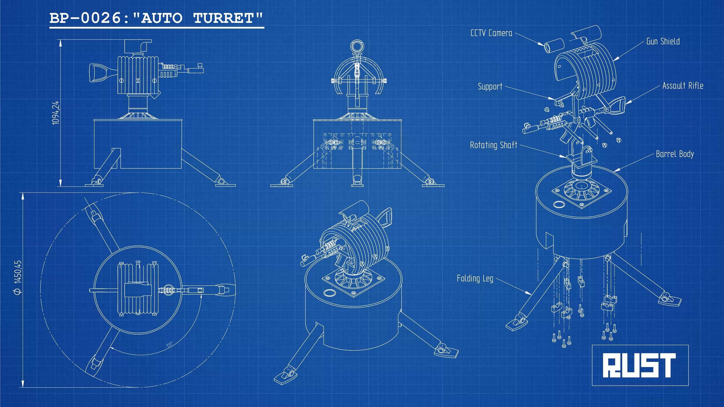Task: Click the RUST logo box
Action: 640,365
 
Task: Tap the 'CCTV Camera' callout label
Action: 491,33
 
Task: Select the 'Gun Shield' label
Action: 663,41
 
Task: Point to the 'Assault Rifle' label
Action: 683,86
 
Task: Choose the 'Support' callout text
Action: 490,87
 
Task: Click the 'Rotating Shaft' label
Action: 494,145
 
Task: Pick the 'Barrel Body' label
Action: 675,154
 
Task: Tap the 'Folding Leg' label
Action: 475,279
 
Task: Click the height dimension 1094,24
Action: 56,113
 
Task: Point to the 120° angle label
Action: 169,344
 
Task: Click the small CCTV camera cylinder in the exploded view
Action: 554,46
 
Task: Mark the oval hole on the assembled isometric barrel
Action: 329,293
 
